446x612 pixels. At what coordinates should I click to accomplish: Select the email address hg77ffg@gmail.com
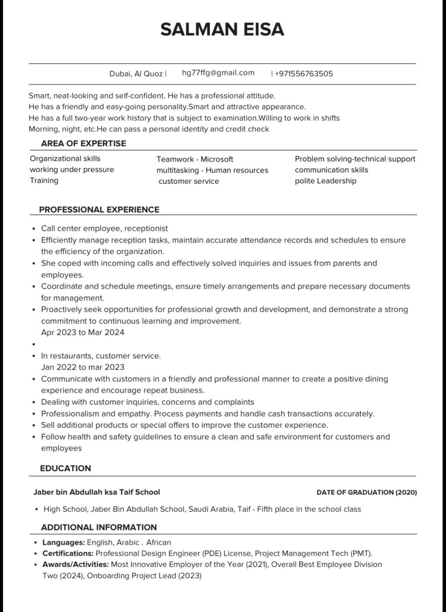click(x=218, y=73)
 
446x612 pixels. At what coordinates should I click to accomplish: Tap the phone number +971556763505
click(x=304, y=74)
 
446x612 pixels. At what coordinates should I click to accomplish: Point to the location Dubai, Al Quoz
click(x=136, y=74)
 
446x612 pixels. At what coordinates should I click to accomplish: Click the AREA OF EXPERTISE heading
click(x=83, y=143)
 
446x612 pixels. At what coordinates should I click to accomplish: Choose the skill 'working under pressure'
click(x=72, y=169)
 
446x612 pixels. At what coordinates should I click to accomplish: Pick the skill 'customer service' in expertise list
click(x=189, y=181)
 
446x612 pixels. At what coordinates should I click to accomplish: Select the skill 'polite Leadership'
click(x=325, y=181)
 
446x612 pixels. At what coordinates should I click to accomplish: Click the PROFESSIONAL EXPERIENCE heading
click(x=99, y=210)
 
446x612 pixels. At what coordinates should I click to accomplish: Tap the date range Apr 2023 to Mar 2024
click(x=83, y=332)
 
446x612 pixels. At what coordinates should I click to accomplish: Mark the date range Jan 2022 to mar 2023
click(x=83, y=367)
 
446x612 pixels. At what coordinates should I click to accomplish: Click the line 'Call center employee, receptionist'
click(x=105, y=228)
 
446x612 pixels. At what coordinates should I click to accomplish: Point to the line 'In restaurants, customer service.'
click(x=101, y=356)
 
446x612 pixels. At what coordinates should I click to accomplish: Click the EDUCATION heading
click(x=65, y=468)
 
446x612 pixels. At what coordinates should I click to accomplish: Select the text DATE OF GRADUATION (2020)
click(x=367, y=492)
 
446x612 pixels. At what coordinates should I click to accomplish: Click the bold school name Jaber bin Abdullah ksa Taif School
click(x=97, y=492)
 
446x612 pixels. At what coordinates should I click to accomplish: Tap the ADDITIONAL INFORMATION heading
click(x=99, y=527)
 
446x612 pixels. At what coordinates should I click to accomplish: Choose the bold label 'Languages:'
click(x=64, y=543)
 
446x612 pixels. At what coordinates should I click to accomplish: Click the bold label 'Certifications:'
click(x=68, y=554)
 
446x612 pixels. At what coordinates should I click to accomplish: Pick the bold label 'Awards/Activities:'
click(x=75, y=565)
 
